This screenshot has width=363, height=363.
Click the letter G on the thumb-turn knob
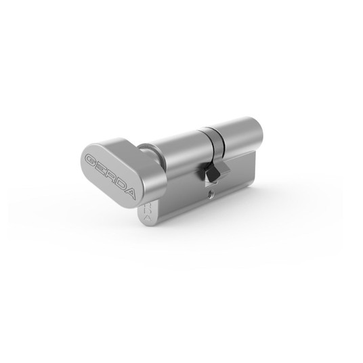[90, 161]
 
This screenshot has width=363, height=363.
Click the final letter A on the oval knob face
[129, 193]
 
